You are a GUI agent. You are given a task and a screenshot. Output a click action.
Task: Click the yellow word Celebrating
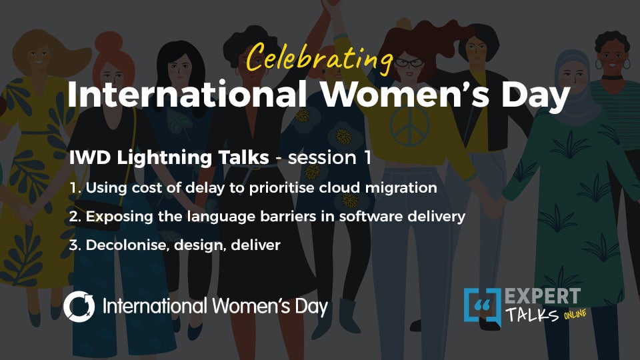click(x=319, y=58)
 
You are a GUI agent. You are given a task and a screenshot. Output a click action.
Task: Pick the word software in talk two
click(x=371, y=216)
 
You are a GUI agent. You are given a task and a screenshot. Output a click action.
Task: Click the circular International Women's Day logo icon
click(x=79, y=307)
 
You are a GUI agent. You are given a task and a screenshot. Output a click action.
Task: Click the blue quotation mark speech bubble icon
click(x=483, y=307)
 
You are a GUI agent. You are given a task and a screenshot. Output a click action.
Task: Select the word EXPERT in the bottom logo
click(x=543, y=296)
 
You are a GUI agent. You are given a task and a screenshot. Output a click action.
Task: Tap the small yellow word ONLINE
click(x=575, y=315)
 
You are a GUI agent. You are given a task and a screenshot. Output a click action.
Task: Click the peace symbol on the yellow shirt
click(x=409, y=127)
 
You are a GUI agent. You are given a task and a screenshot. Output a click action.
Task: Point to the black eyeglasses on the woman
click(x=409, y=63)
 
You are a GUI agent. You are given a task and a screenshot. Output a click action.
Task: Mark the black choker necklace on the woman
click(x=612, y=77)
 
